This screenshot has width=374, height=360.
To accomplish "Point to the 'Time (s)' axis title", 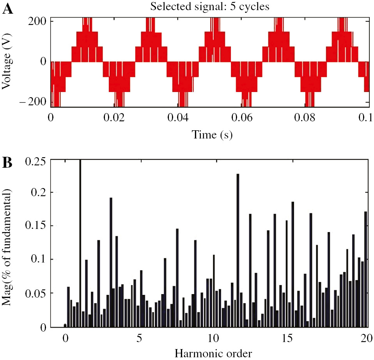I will pos(209,135).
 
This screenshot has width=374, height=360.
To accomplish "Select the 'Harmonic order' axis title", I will pos(213,353).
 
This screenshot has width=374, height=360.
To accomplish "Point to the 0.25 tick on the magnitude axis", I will pos(35,161).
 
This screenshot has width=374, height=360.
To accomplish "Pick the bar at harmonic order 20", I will pos(365,269).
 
